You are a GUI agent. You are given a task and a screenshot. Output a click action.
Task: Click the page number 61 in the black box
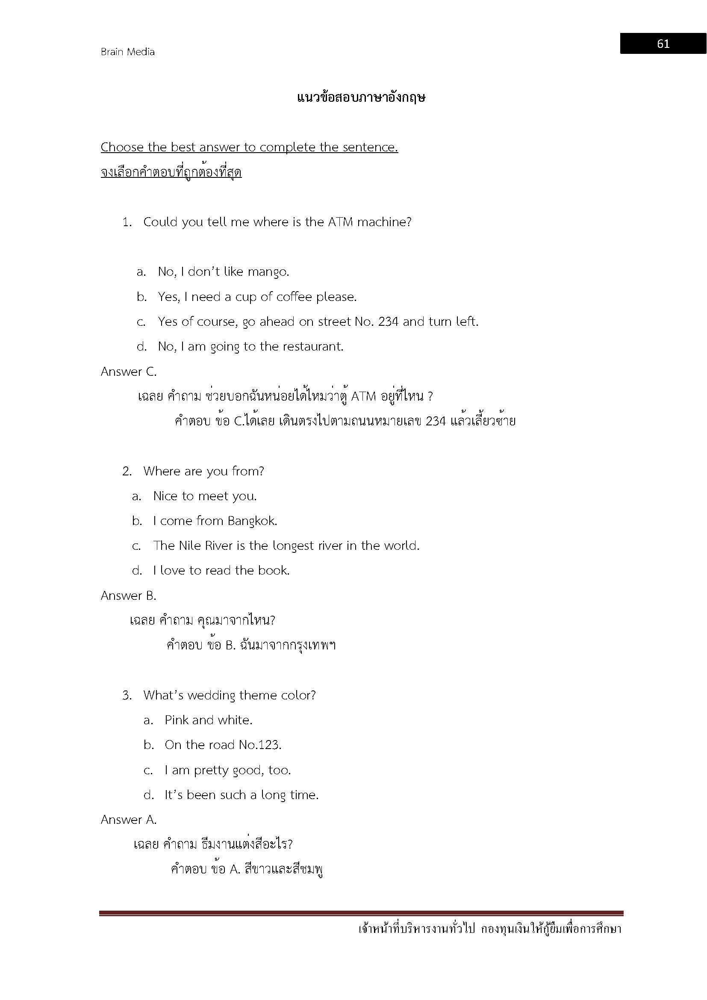(663, 44)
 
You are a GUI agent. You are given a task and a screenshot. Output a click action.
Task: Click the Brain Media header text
(127, 52)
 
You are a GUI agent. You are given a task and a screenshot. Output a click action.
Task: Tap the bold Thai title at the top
(361, 97)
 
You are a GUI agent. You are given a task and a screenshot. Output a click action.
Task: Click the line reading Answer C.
(128, 372)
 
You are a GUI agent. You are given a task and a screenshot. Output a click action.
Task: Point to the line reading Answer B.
(128, 596)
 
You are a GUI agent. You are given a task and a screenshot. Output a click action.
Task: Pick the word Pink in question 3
(176, 720)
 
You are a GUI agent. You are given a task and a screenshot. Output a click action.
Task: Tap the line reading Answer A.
(128, 820)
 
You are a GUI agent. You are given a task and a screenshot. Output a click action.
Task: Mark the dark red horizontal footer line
(361, 913)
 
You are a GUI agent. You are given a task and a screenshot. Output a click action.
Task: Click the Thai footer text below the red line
(490, 929)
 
